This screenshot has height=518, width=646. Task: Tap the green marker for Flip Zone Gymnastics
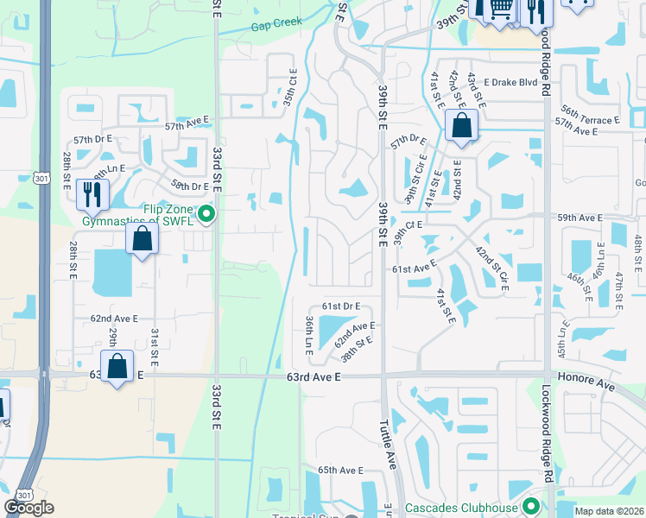(x=206, y=213)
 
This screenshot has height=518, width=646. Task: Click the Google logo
(x=28, y=508)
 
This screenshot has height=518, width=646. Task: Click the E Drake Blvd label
(x=512, y=82)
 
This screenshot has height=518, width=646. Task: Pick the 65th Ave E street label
(x=340, y=471)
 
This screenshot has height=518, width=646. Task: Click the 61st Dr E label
(x=340, y=306)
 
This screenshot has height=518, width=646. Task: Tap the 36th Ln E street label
(x=308, y=334)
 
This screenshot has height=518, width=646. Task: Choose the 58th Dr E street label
(x=189, y=186)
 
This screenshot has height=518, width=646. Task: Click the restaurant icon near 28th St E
(x=92, y=194)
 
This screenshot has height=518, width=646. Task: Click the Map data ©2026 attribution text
(x=609, y=511)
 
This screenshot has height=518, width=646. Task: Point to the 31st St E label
(x=155, y=344)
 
